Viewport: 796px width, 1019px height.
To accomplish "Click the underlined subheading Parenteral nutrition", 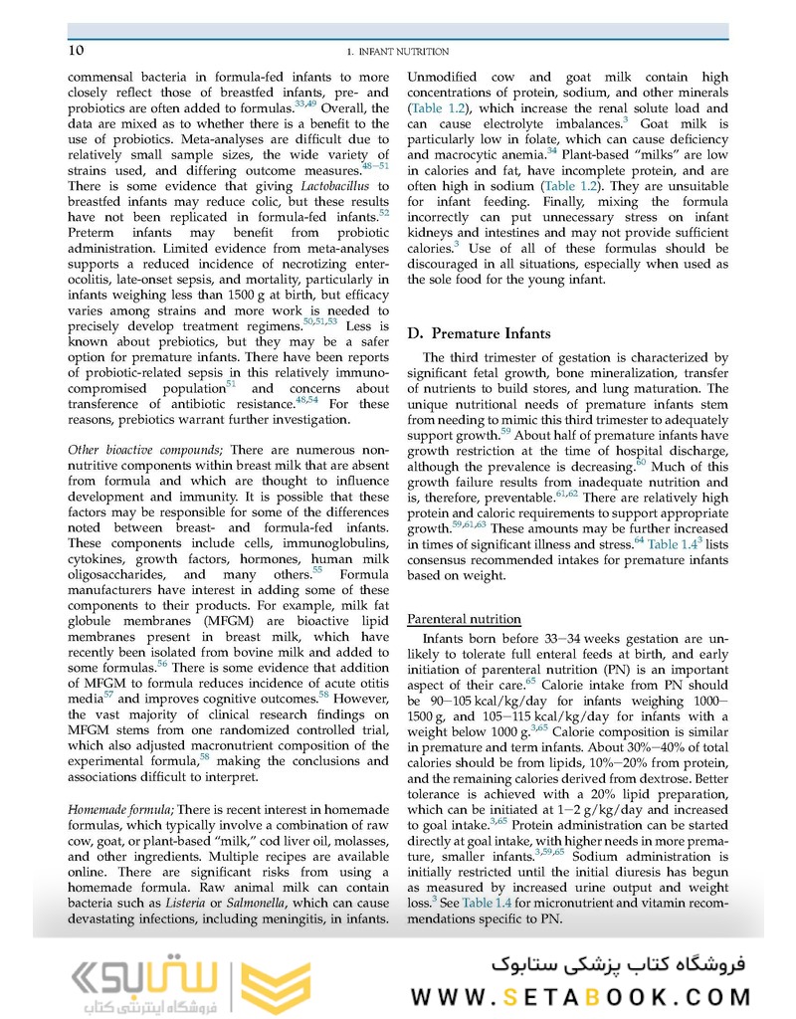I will pyautogui.click(x=464, y=619).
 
